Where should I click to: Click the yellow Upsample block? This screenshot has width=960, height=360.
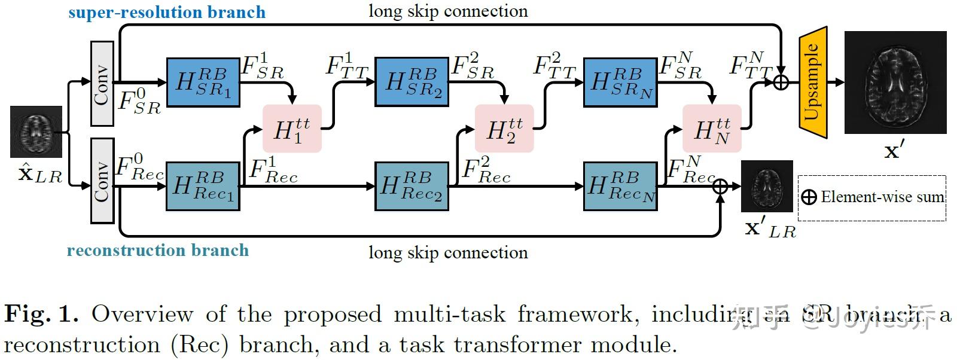pos(812,83)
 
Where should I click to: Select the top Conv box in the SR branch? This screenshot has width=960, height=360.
pos(102,84)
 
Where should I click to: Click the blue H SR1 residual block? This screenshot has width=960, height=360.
pos(203,83)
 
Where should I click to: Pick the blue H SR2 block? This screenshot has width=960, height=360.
pos(412,82)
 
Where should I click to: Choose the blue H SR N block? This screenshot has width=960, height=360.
pos(620,83)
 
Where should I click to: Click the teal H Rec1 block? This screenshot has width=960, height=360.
pos(203,186)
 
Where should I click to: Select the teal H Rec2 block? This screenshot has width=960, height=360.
pos(412,186)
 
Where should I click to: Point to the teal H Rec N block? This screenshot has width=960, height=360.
pos(620,186)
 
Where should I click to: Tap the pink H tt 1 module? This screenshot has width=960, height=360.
pos(292,129)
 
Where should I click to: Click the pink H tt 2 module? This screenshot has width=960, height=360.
pos(504,129)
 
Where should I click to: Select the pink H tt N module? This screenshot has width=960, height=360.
pos(712,129)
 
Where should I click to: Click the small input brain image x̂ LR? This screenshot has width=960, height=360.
pos(36,132)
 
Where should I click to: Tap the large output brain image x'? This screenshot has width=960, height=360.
pos(895,83)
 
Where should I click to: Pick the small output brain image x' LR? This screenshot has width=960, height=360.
pos(767,186)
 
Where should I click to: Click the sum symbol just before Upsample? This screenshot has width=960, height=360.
pos(781,82)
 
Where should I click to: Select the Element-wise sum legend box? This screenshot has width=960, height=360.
pos(872,197)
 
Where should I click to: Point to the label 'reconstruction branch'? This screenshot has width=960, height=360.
pos(157,250)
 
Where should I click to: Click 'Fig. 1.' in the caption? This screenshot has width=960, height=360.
pos(41,314)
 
